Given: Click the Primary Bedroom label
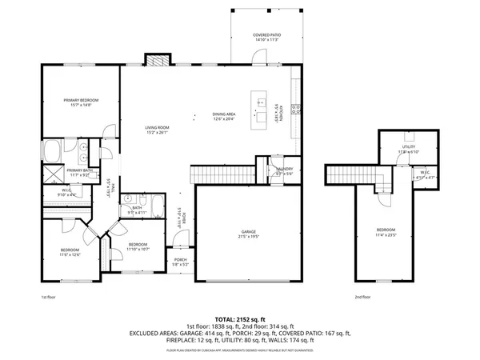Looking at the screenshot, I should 79,102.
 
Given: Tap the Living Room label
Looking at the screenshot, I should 157,130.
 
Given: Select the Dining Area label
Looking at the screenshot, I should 224,117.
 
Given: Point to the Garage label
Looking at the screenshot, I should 248,234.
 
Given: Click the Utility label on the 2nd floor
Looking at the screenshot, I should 408,146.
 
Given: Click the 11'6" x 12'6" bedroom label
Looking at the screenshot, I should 70,253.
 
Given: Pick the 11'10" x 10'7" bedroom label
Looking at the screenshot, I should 138,246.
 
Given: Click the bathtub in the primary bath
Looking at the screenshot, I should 54,149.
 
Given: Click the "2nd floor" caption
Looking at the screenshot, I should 363,297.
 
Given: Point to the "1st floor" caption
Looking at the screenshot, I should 49,297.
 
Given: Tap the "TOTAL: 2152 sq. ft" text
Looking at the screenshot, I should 240,318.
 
